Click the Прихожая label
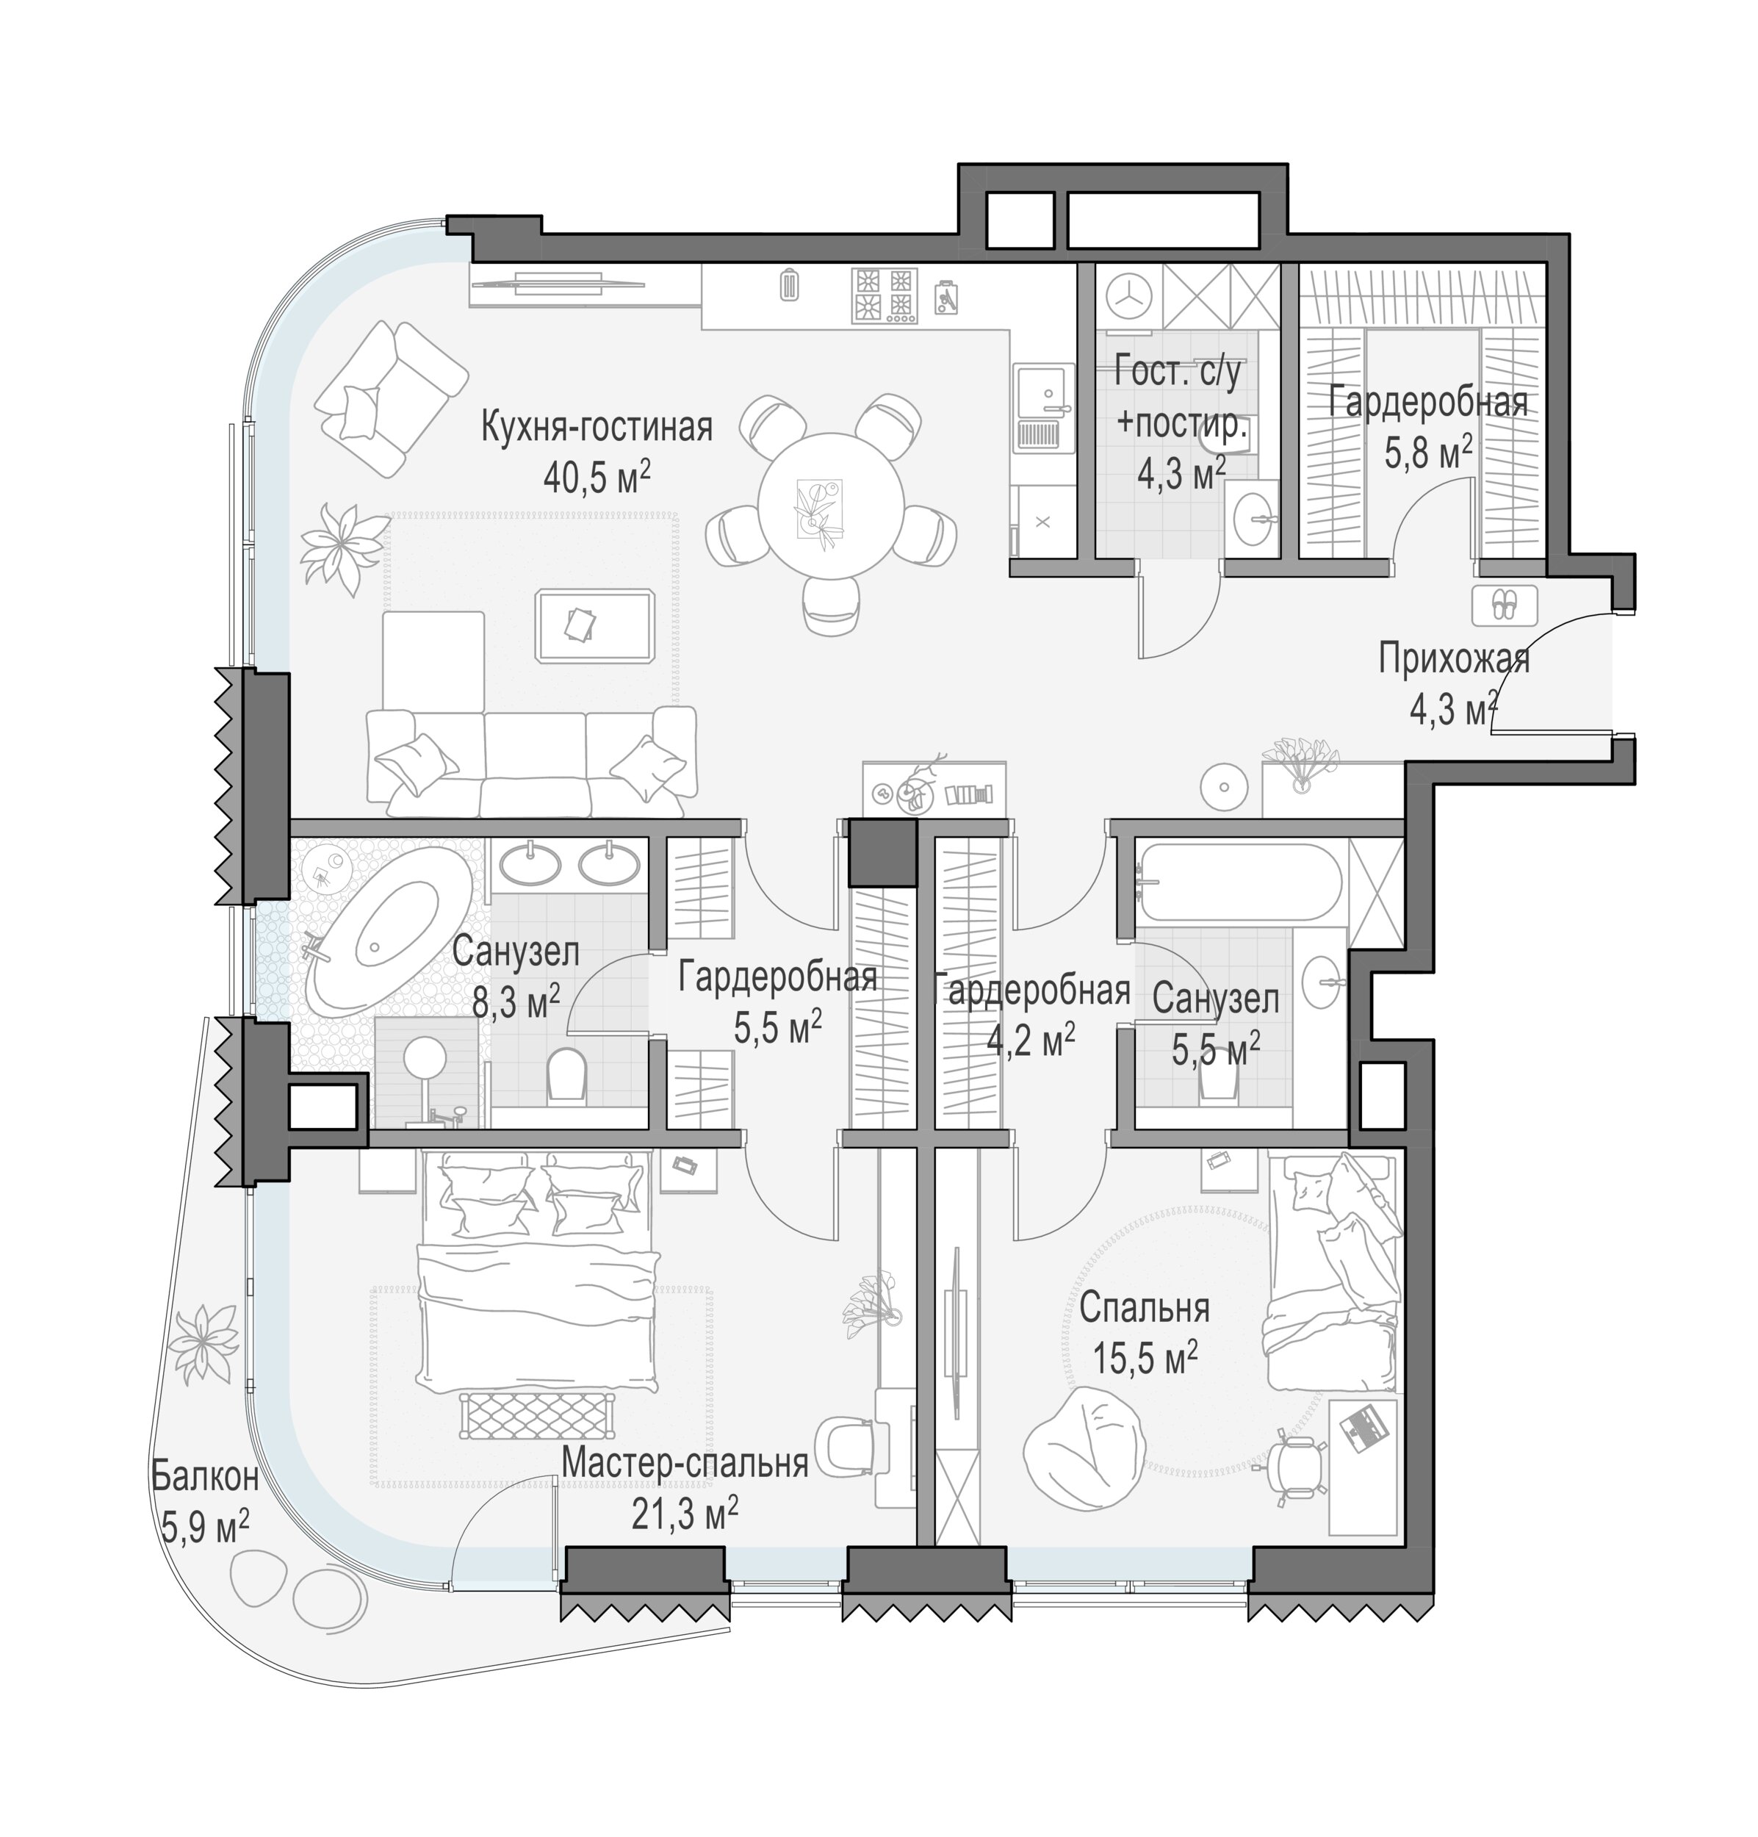(1452, 660)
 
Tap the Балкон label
(205, 1477)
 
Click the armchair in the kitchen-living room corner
(391, 398)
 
